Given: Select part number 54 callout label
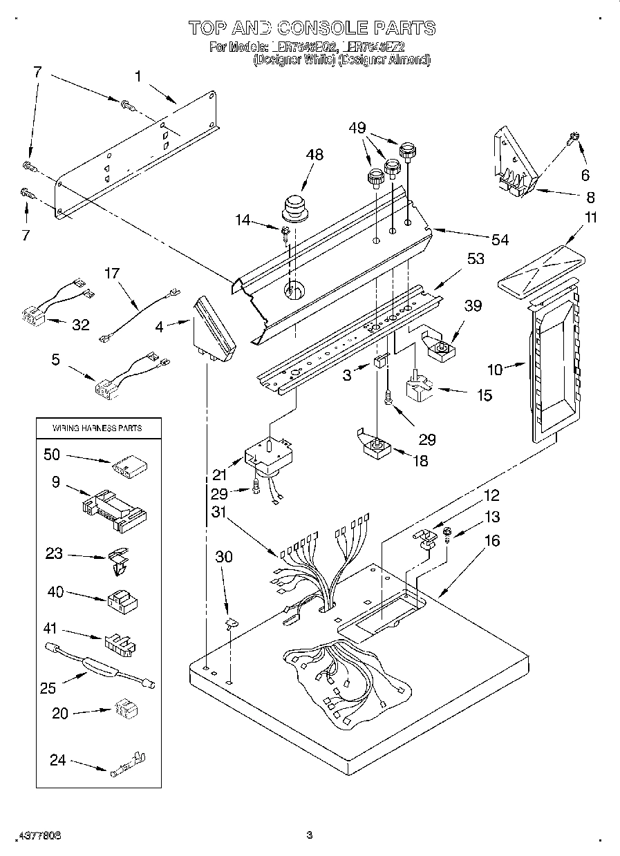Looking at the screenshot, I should (500, 240).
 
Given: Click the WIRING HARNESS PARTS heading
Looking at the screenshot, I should (97, 428).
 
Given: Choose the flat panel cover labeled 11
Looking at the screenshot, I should (541, 269).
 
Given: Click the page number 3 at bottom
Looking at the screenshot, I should (310, 835).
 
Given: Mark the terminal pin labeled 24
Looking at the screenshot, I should (126, 767).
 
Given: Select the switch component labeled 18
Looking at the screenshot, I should (377, 448).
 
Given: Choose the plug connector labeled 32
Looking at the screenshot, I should (34, 316).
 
